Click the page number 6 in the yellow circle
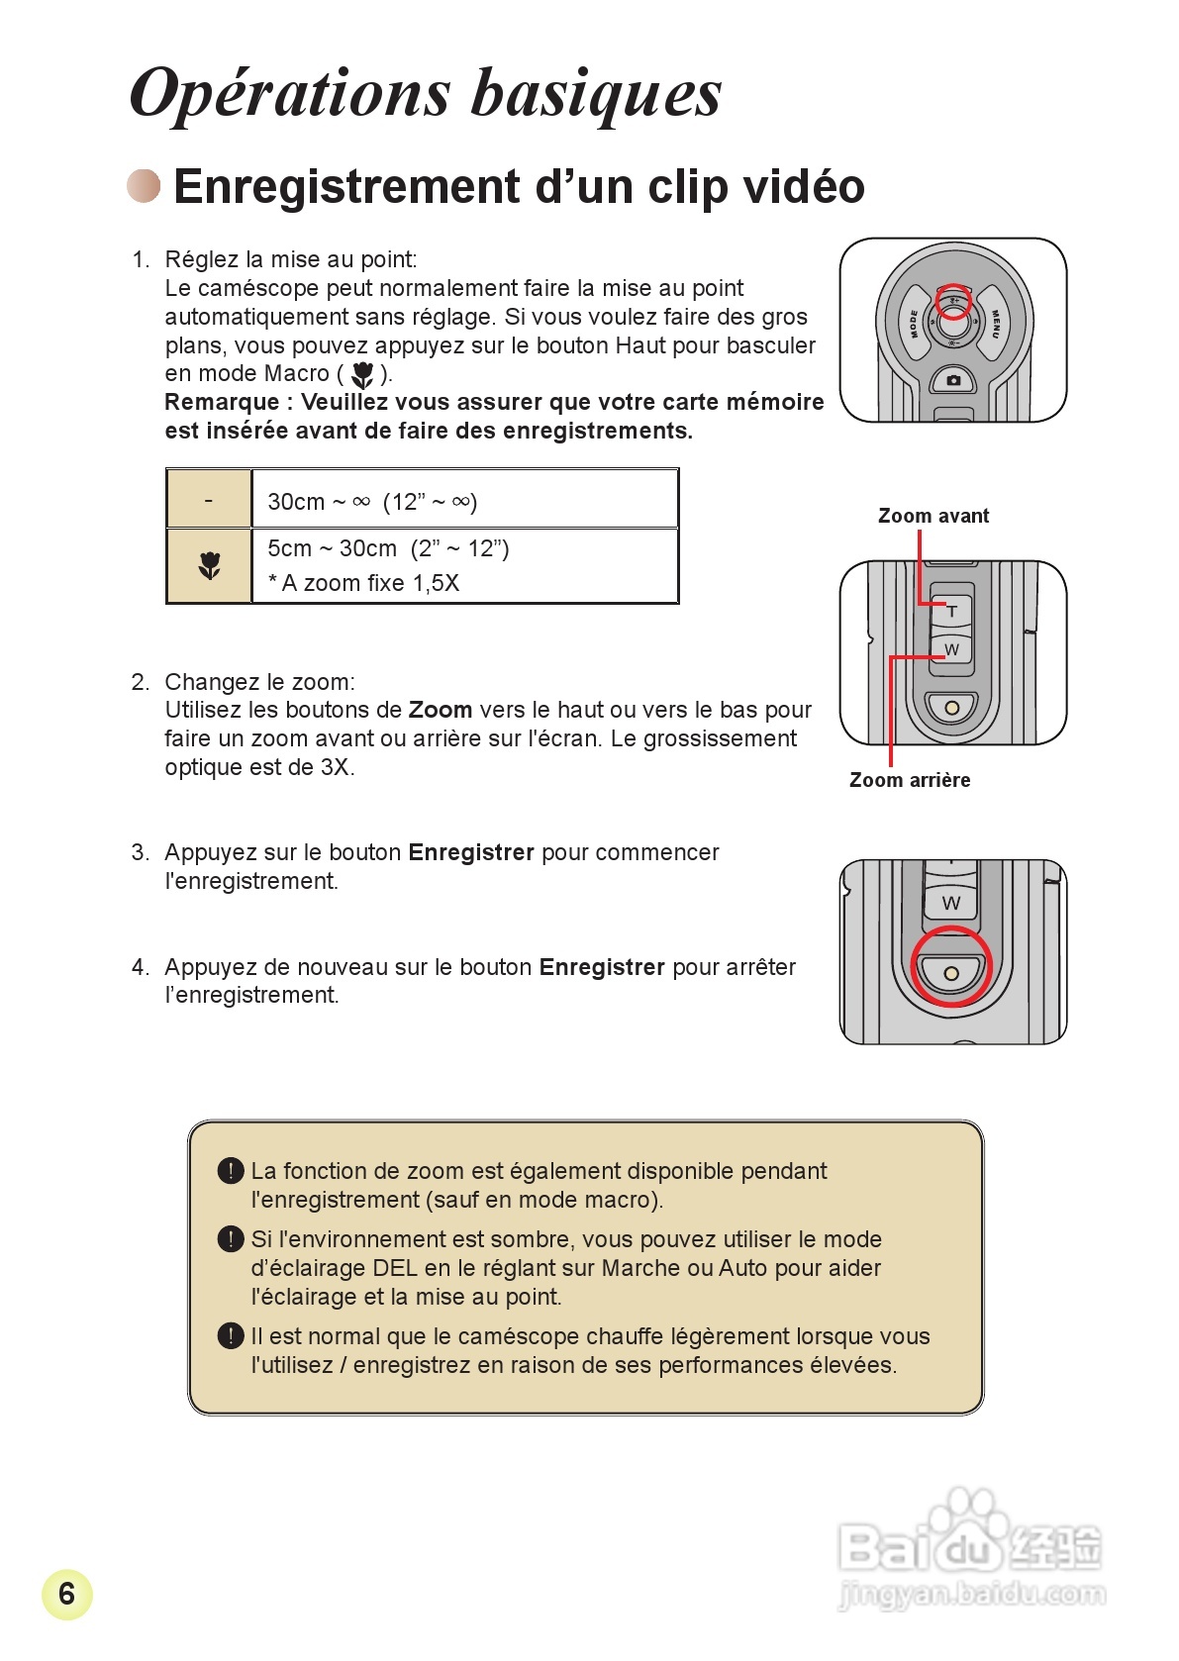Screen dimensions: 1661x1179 pyautogui.click(x=66, y=1594)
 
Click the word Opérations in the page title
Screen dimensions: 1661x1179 pyautogui.click(x=290, y=94)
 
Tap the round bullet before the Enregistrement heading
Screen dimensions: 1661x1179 pyautogui.click(x=144, y=186)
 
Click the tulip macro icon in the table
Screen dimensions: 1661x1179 pyautogui.click(x=209, y=565)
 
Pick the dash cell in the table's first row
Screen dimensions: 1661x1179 pyautogui.click(x=209, y=500)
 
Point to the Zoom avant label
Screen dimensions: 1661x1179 pyautogui.click(x=933, y=516)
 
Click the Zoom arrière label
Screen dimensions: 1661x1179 pyautogui.click(x=909, y=780)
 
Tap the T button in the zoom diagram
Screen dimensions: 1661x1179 pyautogui.click(x=951, y=611)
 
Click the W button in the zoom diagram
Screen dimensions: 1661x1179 pyautogui.click(x=951, y=649)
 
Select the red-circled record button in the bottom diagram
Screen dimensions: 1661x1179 pyautogui.click(x=950, y=972)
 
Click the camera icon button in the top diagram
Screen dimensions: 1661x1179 pyautogui.click(x=953, y=380)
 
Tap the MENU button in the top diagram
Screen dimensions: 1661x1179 pyautogui.click(x=995, y=323)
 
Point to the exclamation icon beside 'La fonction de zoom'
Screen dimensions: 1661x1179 pyautogui.click(x=230, y=1171)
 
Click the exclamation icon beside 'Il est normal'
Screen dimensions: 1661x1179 pyautogui.click(x=230, y=1336)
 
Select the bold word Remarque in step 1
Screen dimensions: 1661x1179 pyautogui.click(x=222, y=402)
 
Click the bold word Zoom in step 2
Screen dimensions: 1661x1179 pyautogui.click(x=440, y=710)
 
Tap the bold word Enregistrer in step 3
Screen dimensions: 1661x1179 pyautogui.click(x=470, y=852)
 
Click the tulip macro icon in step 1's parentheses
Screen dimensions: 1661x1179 pyautogui.click(x=362, y=374)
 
